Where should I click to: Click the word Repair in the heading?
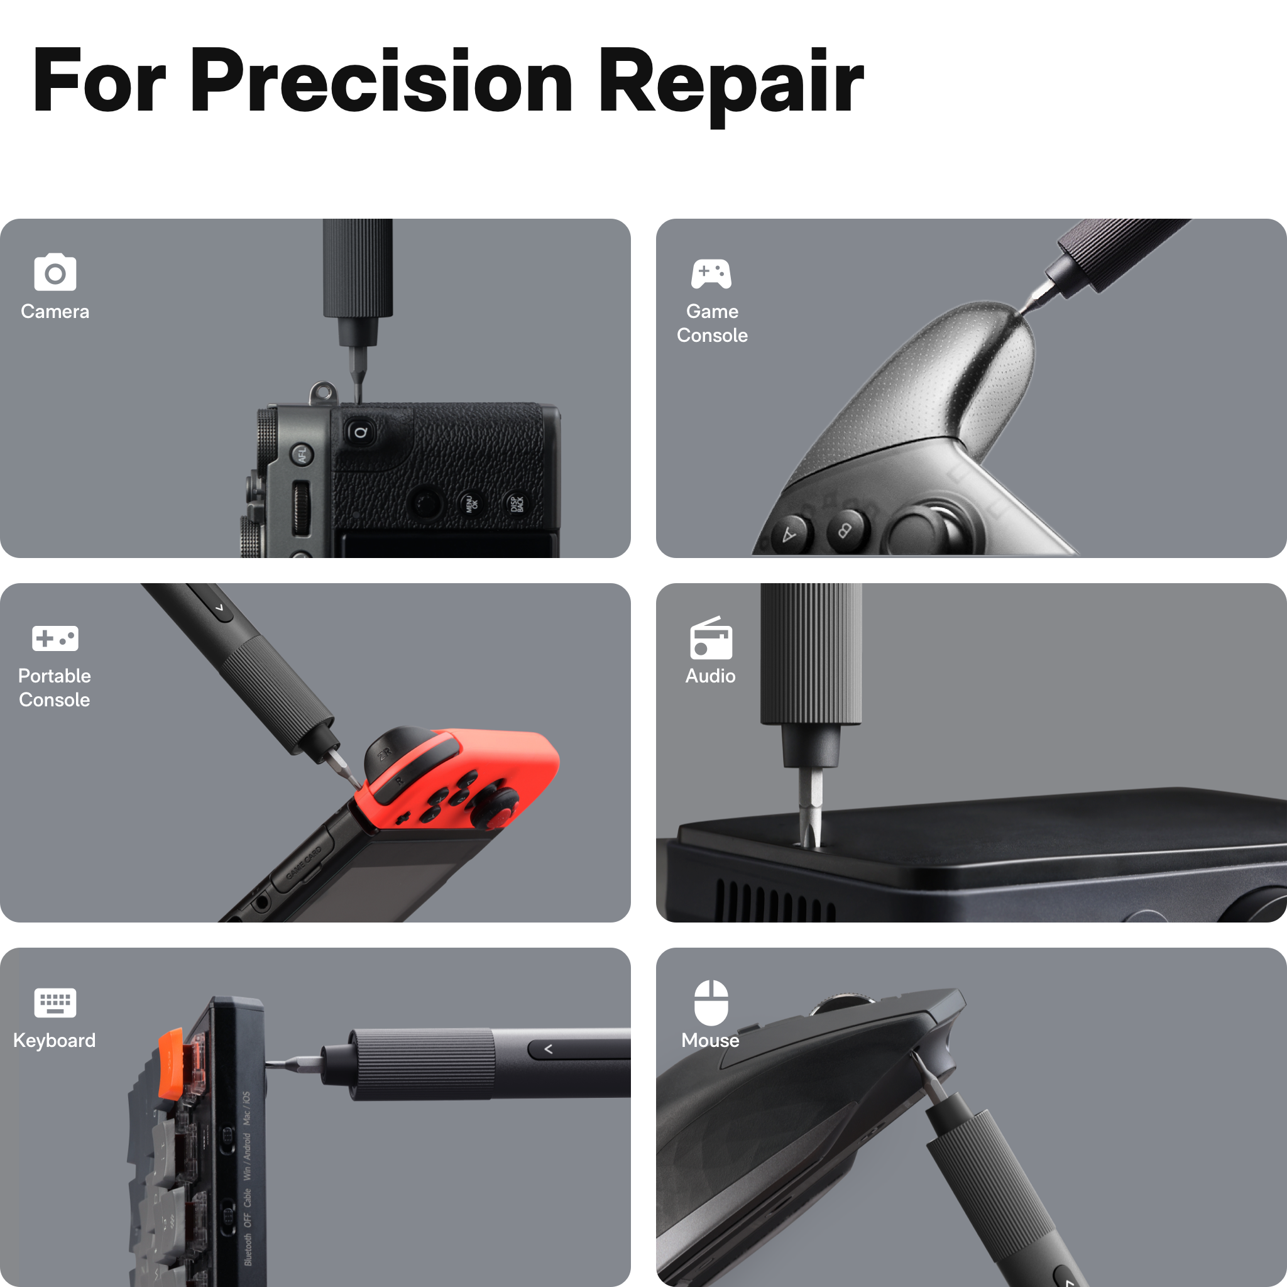pyautogui.click(x=730, y=81)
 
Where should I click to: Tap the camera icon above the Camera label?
pyautogui.click(x=55, y=273)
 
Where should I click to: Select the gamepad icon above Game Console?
pyautogui.click(x=711, y=274)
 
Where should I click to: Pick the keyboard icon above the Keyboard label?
pyautogui.click(x=55, y=1002)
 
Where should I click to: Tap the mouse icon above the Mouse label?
pyautogui.click(x=711, y=1002)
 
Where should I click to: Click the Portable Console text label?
pyautogui.click(x=55, y=687)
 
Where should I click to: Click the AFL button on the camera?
pyautogui.click(x=302, y=456)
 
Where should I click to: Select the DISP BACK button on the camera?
pyautogui.click(x=517, y=503)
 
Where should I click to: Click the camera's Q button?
pyautogui.click(x=360, y=433)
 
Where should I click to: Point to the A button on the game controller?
pyautogui.click(x=790, y=534)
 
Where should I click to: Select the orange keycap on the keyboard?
pyautogui.click(x=170, y=1063)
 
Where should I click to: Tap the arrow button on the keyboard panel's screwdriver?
pyautogui.click(x=548, y=1049)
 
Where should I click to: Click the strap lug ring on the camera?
pyautogui.click(x=322, y=392)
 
